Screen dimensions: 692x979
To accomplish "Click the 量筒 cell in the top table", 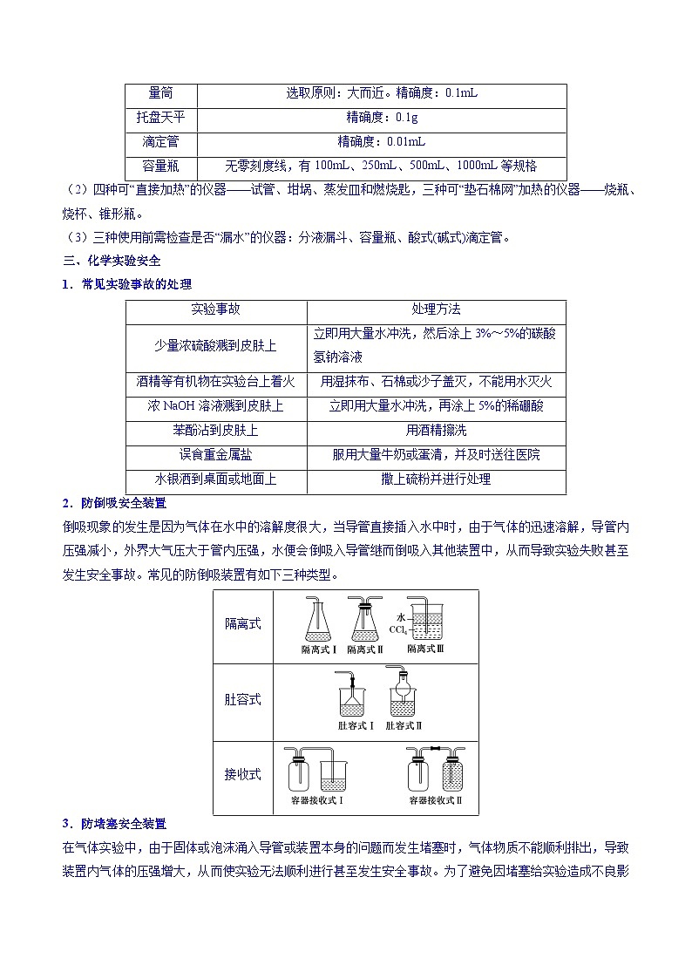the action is coord(161,92).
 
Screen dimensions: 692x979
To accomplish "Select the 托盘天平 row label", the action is coord(161,117).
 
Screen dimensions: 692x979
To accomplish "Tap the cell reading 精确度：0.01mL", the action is coord(382,141).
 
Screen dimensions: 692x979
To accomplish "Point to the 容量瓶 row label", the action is coord(161,166).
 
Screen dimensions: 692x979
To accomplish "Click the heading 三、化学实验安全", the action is coord(112,260).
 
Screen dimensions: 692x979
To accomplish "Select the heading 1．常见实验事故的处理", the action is coord(126,284).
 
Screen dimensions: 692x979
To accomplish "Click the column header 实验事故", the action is coord(216,309).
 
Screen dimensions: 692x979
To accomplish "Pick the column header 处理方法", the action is coord(436,309).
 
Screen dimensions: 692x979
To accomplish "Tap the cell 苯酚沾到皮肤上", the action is coord(216,431).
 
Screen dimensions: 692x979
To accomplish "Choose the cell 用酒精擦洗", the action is coord(436,431).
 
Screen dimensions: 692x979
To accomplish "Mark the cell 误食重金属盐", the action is coord(216,455).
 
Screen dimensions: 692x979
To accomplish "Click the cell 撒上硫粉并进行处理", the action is coord(436,479).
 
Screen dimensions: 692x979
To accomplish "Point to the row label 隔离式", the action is coord(243,624).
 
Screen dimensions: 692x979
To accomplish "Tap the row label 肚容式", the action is coord(243,700).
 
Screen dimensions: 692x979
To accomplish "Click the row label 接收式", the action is coord(243,774).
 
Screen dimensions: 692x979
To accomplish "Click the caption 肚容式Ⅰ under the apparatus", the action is coord(356,724).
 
